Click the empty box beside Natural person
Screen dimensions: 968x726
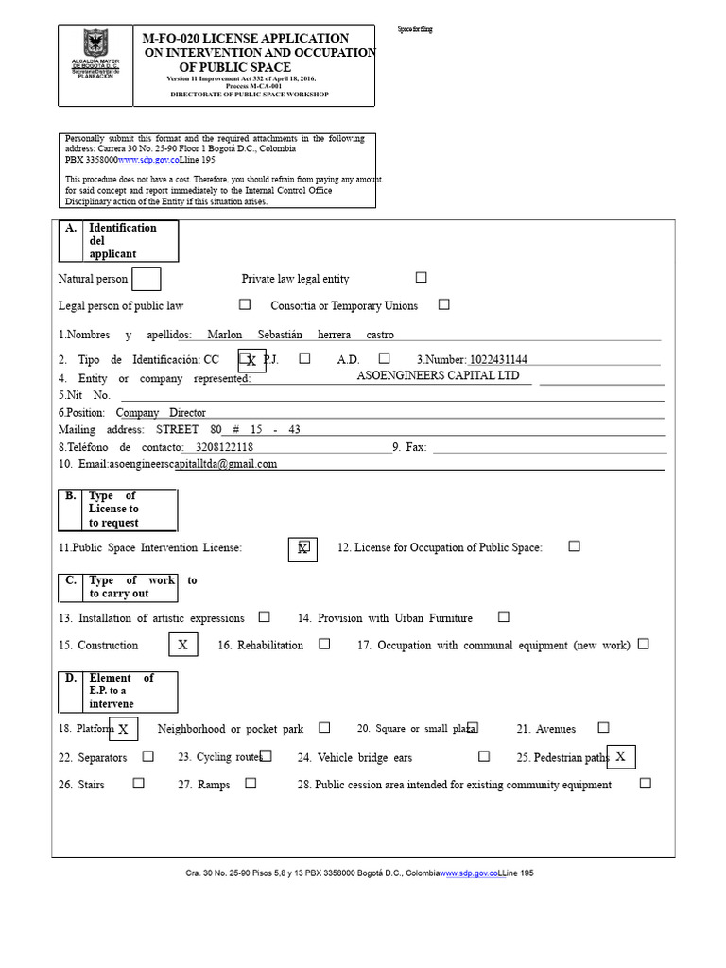[x=146, y=279]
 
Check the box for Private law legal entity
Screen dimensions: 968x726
[x=421, y=278]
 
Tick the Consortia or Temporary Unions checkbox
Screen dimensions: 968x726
[x=443, y=304]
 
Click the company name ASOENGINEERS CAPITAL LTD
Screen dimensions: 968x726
[x=438, y=375]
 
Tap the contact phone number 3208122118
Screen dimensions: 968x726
[x=217, y=446]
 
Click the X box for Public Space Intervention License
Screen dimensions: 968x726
[x=302, y=548]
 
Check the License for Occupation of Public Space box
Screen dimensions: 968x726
[x=574, y=546]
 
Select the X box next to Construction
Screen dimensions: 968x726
[x=183, y=645]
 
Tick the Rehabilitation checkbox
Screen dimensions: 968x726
[x=324, y=644]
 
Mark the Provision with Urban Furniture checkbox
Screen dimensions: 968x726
[x=503, y=616]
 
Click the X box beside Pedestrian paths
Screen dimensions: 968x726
[x=621, y=756]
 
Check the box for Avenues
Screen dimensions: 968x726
[x=603, y=727]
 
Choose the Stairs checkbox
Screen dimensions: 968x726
[x=139, y=783]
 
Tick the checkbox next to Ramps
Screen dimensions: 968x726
[x=251, y=783]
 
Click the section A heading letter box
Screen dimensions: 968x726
[x=71, y=229]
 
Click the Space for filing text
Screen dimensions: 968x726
[x=415, y=30]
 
